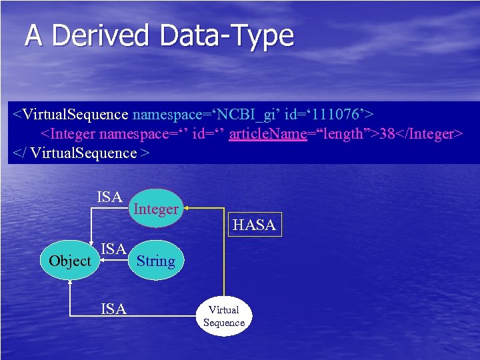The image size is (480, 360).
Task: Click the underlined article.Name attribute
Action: [267, 134]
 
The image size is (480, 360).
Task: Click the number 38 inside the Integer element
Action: [387, 134]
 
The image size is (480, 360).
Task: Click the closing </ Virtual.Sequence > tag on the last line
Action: [81, 153]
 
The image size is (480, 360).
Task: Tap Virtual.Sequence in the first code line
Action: [74, 115]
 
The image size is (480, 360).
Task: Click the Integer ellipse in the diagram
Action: [155, 209]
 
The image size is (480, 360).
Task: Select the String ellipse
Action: [155, 261]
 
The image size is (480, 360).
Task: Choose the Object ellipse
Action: [69, 261]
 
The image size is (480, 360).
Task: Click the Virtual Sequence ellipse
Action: [224, 316]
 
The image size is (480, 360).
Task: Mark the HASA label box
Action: [254, 225]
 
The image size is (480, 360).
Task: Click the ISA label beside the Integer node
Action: [109, 197]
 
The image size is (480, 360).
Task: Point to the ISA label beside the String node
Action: [113, 249]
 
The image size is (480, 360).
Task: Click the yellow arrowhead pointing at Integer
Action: [187, 208]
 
